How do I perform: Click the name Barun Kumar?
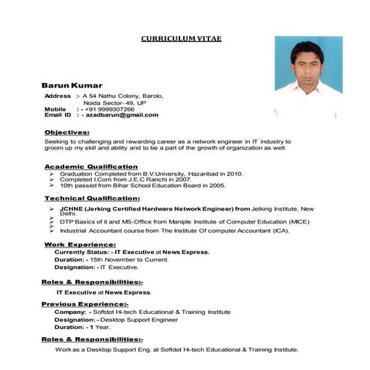point(72,86)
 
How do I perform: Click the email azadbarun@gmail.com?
point(120,115)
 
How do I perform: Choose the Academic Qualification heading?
point(91,166)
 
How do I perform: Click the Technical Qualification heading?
point(91,199)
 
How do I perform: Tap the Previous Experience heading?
point(84,304)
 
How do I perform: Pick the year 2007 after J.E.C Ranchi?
point(181,179)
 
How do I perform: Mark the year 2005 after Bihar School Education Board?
point(217,185)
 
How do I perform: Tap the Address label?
point(58,96)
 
